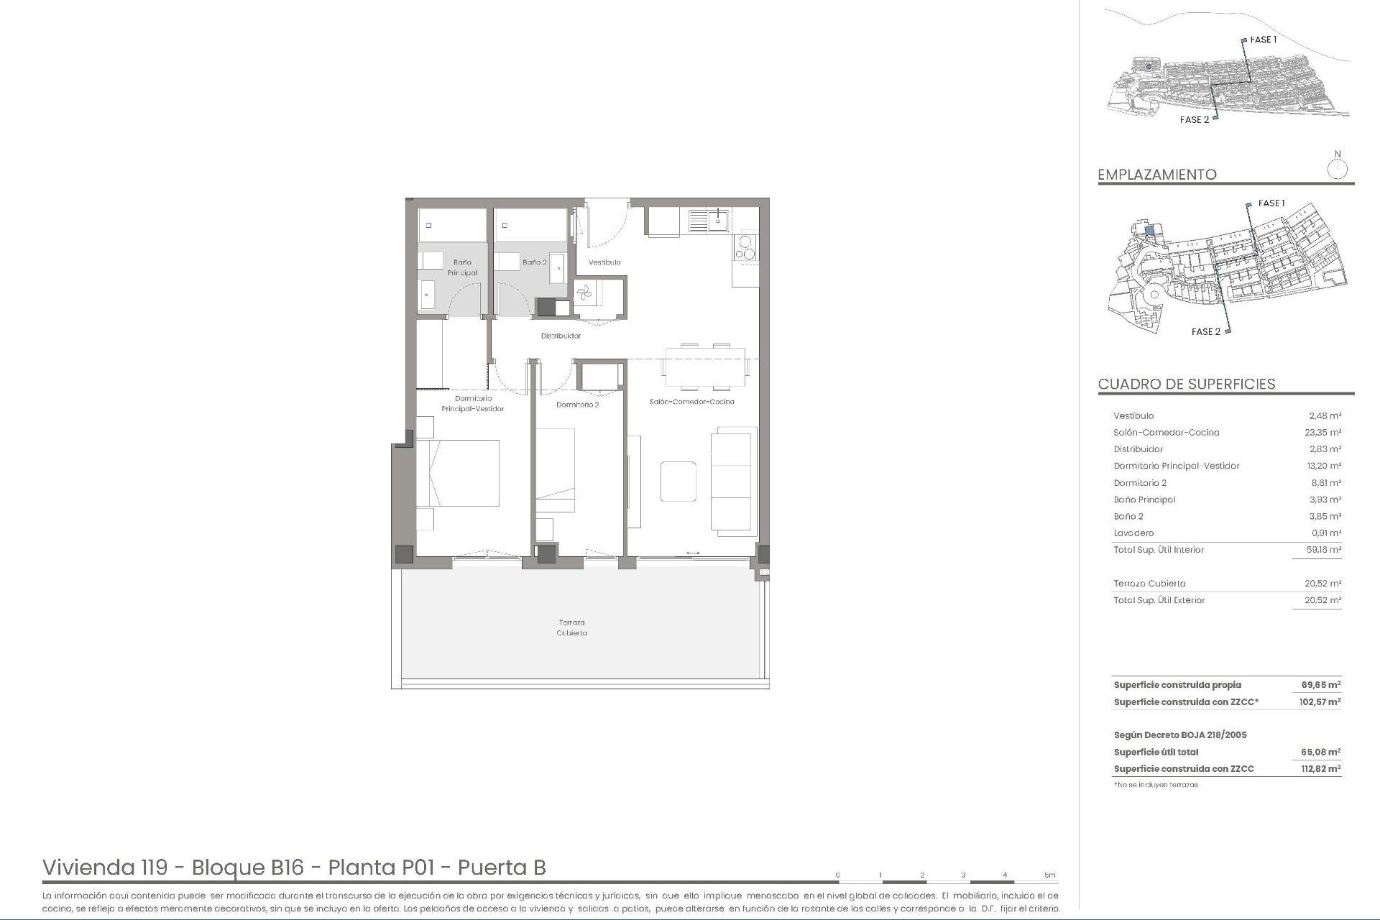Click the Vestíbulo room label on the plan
(x=604, y=262)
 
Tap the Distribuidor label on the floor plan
(x=561, y=336)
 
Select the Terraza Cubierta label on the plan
(x=572, y=627)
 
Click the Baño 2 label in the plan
(x=534, y=262)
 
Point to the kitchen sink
(x=709, y=220)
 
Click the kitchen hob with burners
(x=746, y=247)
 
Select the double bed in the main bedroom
(x=458, y=473)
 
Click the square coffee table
(x=678, y=482)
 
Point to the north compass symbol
(x=1337, y=170)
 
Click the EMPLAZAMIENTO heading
(x=1157, y=175)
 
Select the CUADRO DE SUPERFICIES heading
(x=1187, y=384)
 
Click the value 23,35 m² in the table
(x=1322, y=433)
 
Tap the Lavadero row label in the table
(x=1133, y=533)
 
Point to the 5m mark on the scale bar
(x=1050, y=875)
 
